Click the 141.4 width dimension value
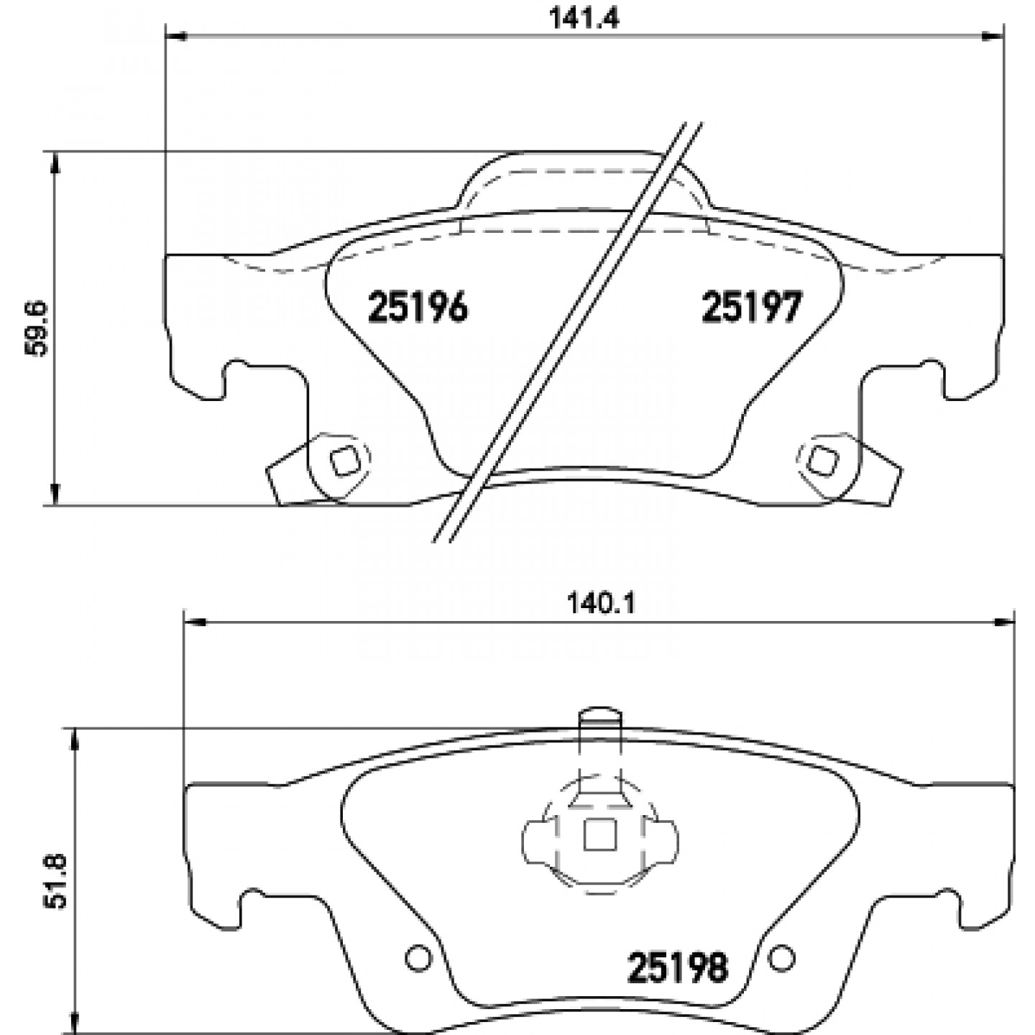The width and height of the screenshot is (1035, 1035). click(584, 18)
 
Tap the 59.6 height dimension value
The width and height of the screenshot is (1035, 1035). click(37, 328)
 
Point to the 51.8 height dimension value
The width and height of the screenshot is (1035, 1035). click(56, 881)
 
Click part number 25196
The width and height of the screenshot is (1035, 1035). click(418, 307)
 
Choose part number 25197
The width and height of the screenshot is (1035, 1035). click(752, 307)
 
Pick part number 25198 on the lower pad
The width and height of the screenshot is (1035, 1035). click(677, 967)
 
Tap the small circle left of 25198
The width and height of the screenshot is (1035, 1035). click(418, 957)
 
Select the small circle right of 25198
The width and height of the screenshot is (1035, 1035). click(782, 957)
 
